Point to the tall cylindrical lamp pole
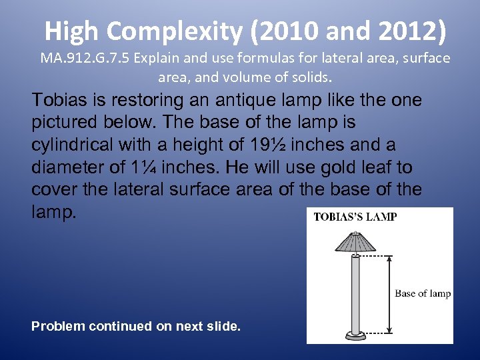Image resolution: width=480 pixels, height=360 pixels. pyautogui.click(x=355, y=293)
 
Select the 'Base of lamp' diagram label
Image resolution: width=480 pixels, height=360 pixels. pyautogui.click(x=423, y=293)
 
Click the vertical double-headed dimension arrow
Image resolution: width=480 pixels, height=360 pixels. pyautogui.click(x=390, y=293)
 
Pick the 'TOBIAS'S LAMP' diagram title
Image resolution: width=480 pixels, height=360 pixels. pyautogui.click(x=355, y=217)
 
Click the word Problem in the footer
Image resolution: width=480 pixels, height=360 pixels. pyautogui.click(x=57, y=326)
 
